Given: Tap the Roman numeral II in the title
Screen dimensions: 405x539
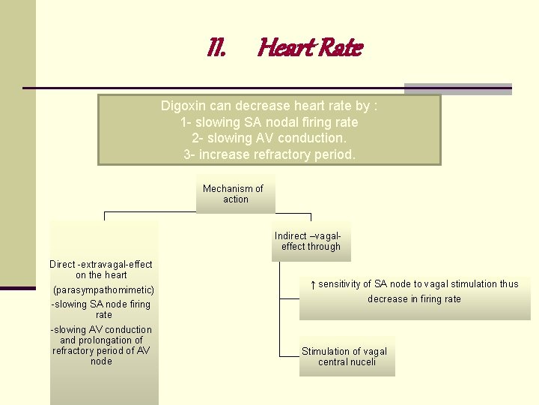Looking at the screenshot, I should tap(216, 49).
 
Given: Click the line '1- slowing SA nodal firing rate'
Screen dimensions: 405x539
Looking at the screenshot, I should tap(269, 122).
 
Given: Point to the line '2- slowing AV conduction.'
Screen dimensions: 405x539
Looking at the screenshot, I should tap(269, 138).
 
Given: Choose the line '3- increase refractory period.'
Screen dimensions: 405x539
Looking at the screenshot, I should tap(269, 154).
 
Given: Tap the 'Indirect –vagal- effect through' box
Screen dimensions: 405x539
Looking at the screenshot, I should tap(311, 241).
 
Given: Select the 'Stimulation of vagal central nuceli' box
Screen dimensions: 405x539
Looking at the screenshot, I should tap(345, 356).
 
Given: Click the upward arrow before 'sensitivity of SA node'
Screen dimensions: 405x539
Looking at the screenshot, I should tap(313, 284).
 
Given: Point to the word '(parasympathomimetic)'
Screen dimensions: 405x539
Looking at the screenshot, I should tap(103, 289).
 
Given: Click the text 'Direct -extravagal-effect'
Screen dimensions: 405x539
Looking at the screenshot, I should tap(101, 264).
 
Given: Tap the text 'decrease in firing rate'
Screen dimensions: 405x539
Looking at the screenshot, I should tap(414, 299).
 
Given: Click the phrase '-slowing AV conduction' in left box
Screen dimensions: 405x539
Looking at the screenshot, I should tap(101, 330).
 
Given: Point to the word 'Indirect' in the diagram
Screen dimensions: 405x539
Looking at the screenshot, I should tap(290, 235).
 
